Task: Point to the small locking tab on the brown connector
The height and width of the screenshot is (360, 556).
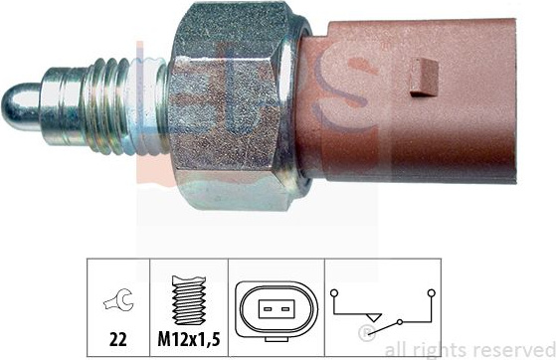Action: click(x=424, y=78)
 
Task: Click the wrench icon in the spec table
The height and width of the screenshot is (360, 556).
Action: click(x=118, y=300)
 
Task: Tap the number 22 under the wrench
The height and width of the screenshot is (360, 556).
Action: click(x=118, y=339)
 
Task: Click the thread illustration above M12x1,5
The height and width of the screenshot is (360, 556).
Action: click(x=189, y=300)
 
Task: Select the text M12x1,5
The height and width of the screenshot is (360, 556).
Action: click(x=189, y=339)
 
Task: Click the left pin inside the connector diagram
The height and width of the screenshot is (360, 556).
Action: click(x=268, y=309)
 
